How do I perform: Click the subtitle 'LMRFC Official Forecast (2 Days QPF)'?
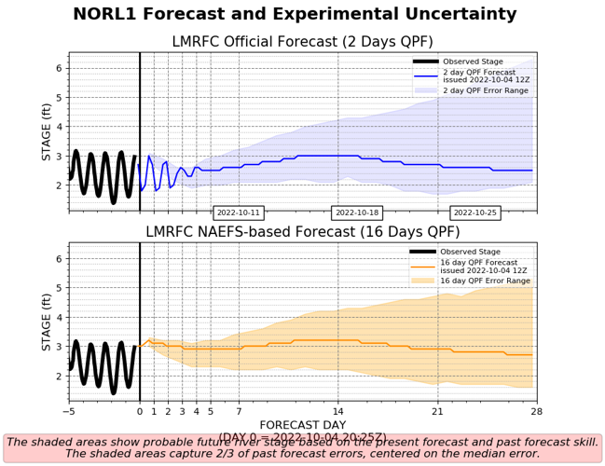(x=302, y=42)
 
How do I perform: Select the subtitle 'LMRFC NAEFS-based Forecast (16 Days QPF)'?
(x=302, y=232)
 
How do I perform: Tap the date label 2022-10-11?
(x=239, y=212)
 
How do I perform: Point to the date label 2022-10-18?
(x=357, y=212)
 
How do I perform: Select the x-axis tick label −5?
(x=68, y=411)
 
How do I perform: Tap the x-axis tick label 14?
(x=338, y=411)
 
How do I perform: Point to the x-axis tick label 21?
(x=437, y=411)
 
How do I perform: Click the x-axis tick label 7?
(x=239, y=411)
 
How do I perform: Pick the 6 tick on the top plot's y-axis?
(x=58, y=68)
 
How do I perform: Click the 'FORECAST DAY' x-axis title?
(x=302, y=424)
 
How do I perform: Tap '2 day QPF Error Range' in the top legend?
(x=486, y=89)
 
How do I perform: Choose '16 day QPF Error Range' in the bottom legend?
(x=486, y=281)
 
